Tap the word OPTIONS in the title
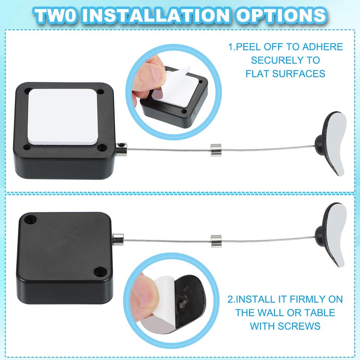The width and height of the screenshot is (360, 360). pyautogui.click(x=283, y=15)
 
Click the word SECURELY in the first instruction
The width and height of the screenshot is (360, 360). pyautogui.click(x=285, y=60)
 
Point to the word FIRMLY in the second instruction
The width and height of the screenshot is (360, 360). pyautogui.click(x=302, y=299)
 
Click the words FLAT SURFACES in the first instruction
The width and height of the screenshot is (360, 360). pyautogui.click(x=285, y=73)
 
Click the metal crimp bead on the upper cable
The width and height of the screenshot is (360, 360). pyautogui.click(x=215, y=148)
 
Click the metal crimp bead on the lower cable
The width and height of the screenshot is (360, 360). pyautogui.click(x=215, y=239)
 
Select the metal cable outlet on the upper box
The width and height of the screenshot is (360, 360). pyautogui.click(x=121, y=148)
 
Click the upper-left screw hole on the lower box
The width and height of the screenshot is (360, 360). pyautogui.click(x=31, y=220)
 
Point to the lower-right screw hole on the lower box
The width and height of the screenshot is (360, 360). pyautogui.click(x=98, y=271)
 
